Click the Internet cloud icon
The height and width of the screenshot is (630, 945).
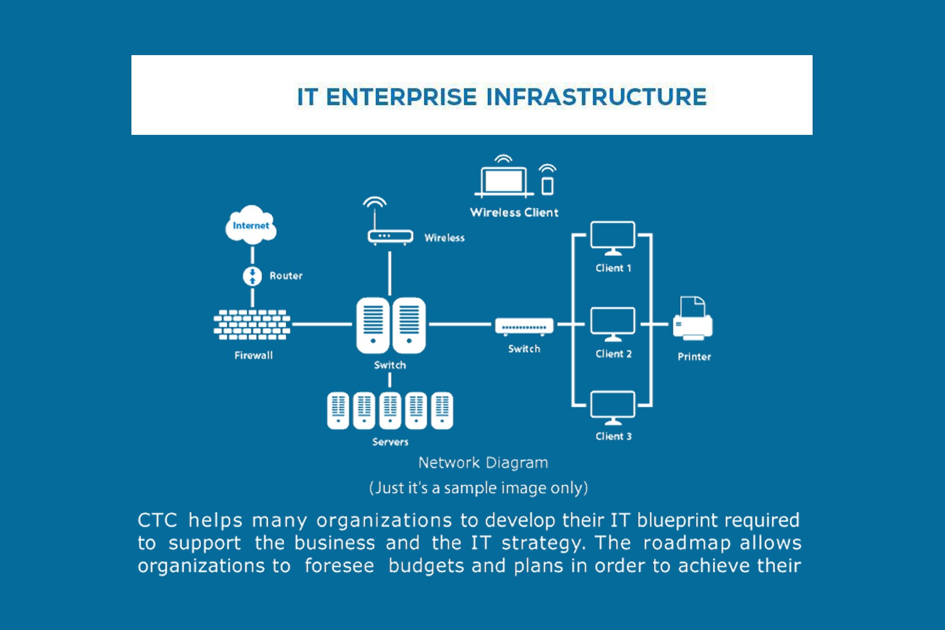pos(251,225)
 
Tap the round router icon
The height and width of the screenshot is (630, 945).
pos(252,276)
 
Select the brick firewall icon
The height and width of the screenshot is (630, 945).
pos(252,325)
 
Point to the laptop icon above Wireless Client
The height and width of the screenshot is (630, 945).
pos(504,180)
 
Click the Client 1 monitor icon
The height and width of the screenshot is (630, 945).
pos(613,237)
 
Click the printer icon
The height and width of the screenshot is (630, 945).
pos(693,319)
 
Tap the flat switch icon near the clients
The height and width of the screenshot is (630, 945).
pos(524,326)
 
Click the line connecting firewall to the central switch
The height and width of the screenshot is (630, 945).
pos(322,324)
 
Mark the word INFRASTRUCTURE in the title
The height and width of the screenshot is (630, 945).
pos(597,96)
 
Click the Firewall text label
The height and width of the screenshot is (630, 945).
pos(253,355)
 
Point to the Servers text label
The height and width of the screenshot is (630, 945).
pos(390,442)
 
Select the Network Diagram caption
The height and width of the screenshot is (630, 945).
pos(483,463)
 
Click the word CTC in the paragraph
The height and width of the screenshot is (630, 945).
pos(157,520)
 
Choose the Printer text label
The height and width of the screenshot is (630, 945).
pos(694,357)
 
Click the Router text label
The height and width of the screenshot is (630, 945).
pos(286,276)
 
